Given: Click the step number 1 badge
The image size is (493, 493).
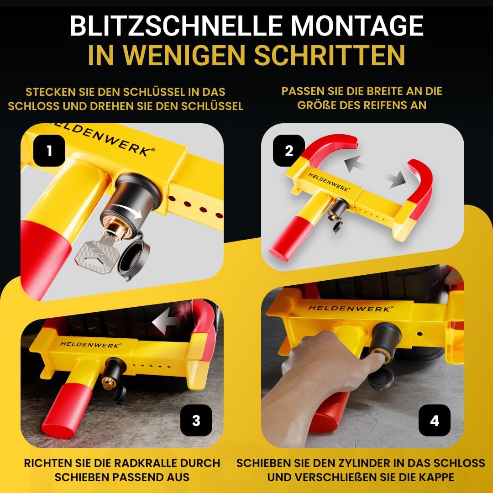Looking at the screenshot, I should (49, 151).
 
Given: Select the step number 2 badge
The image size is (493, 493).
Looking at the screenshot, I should (288, 151).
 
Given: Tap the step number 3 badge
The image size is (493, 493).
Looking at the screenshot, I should (196, 420).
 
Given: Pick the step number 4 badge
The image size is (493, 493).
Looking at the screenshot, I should (434, 420).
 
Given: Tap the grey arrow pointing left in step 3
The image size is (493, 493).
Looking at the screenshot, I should (167, 322).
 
